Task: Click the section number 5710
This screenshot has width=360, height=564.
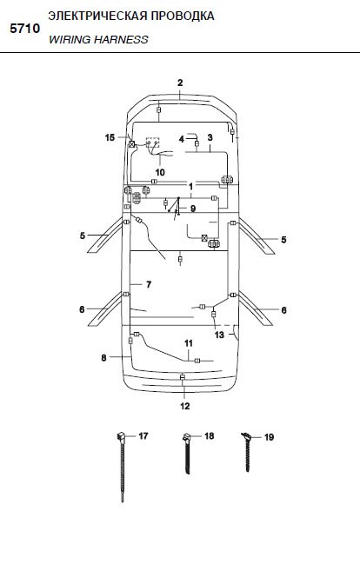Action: click(25, 29)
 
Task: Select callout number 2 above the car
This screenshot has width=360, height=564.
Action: click(180, 83)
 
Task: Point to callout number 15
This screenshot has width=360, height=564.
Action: click(110, 137)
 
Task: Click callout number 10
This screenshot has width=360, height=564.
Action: click(160, 172)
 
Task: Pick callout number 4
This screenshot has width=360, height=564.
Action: click(182, 139)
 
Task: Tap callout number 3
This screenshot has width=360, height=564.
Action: click(210, 137)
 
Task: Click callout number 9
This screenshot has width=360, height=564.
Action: click(193, 209)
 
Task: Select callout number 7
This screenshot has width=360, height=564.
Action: click(149, 284)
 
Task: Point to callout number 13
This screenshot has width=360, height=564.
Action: click(219, 335)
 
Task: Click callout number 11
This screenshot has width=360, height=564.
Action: click(189, 343)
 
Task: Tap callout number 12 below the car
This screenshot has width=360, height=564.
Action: click(184, 406)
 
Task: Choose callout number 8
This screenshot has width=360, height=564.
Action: click(103, 358)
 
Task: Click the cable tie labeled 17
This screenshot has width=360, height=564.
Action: click(122, 467)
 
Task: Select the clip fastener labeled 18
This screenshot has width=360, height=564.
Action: click(187, 455)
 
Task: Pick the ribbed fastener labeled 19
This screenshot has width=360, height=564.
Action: click(247, 452)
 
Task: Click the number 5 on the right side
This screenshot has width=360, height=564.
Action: click(283, 240)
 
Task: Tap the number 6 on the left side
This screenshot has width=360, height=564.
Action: click(82, 309)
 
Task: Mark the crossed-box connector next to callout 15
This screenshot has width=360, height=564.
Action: click(132, 144)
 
